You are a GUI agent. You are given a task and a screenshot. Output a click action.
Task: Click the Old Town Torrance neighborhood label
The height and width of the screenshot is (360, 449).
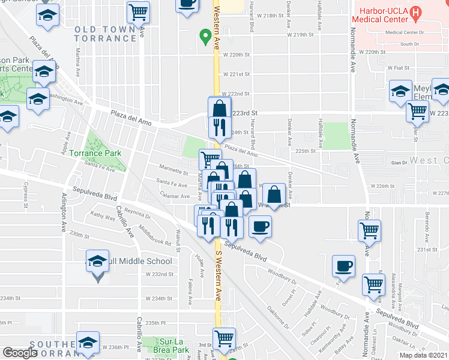tap(106, 34)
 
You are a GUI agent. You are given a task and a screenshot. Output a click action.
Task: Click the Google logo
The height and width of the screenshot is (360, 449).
tap(20, 353)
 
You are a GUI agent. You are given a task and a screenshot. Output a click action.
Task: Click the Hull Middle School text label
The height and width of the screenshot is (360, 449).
tap(139, 261)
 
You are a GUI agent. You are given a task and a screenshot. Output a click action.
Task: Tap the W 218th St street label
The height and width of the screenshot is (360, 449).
tap(268, 15)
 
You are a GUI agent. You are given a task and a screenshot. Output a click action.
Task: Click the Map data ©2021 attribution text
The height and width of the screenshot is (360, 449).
tap(424, 355)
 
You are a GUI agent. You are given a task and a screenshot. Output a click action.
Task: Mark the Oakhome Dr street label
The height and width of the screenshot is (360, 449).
tap(277, 312)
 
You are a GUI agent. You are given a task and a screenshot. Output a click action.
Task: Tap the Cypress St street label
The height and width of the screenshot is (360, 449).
tap(26, 194)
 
